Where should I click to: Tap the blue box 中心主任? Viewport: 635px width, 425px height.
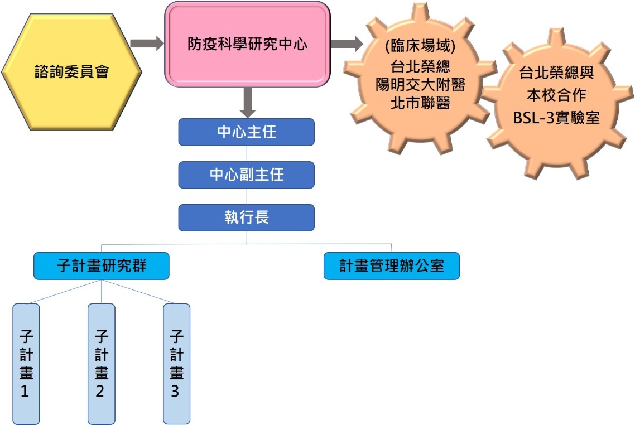point(247,132)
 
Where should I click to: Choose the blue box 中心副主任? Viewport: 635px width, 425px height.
point(247,175)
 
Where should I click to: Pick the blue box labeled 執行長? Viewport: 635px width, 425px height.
point(247,218)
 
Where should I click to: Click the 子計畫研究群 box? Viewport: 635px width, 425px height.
point(101,266)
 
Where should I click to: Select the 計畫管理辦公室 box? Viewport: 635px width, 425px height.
point(392,266)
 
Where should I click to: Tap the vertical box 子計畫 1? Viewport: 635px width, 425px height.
point(26,364)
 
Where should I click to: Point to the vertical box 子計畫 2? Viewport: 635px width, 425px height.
point(101,364)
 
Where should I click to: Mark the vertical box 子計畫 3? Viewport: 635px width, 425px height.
point(176,364)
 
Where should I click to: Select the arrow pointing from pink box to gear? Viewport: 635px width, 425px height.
point(346,43)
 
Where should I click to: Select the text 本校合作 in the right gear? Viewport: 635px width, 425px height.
point(557,95)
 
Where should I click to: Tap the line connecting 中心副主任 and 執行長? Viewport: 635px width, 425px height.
point(247,196)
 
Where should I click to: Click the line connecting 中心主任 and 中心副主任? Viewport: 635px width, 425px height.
point(247,153)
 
